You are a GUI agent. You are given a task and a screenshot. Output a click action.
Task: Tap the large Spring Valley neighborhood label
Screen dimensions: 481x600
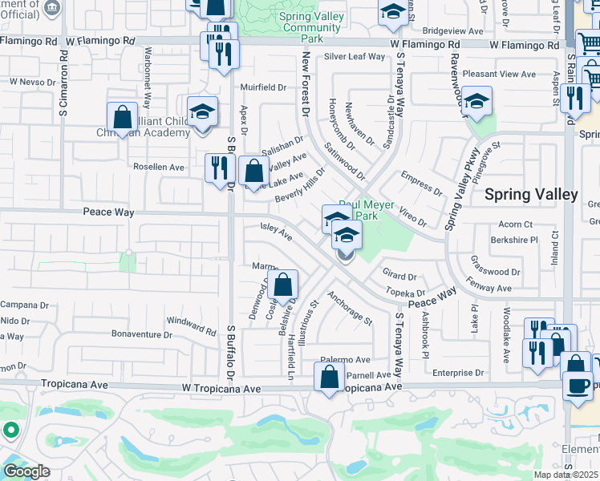[531, 195]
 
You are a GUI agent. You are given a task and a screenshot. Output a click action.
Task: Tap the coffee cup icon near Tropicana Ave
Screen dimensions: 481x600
[577, 386]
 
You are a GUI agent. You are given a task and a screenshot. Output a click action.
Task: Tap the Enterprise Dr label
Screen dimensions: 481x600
[458, 373]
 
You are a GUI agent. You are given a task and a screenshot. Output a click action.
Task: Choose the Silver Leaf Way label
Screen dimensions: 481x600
[355, 57]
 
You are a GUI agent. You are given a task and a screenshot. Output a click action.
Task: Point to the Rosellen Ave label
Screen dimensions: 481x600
[159, 168]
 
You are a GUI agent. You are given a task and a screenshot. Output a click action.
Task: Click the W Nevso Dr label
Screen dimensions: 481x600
[31, 82]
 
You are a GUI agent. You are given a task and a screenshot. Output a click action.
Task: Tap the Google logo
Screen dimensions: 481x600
[26, 471]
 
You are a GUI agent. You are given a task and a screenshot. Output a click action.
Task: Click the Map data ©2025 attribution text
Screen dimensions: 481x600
[566, 475]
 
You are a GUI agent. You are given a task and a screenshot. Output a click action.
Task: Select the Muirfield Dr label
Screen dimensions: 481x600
[264, 87]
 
